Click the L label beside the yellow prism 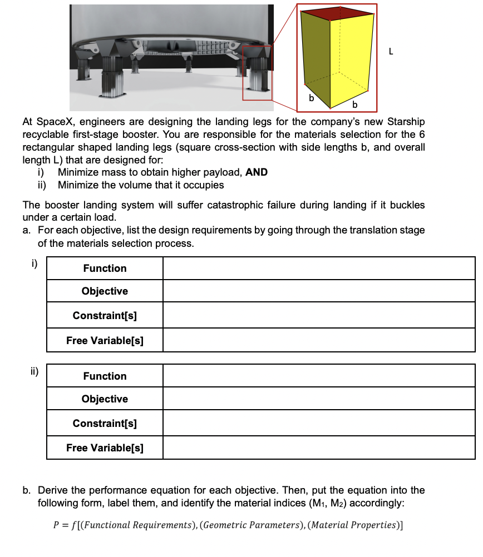(x=391, y=52)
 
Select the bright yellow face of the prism (x=352, y=58)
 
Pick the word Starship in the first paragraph (x=406, y=122)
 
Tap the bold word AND (x=257, y=172)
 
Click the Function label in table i (x=105, y=268)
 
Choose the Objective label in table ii (x=105, y=399)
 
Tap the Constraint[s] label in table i (x=105, y=316)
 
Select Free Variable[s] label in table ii (x=105, y=448)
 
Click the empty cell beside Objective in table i (x=319, y=291)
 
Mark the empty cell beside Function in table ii (x=319, y=376)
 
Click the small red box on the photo (x=257, y=72)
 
